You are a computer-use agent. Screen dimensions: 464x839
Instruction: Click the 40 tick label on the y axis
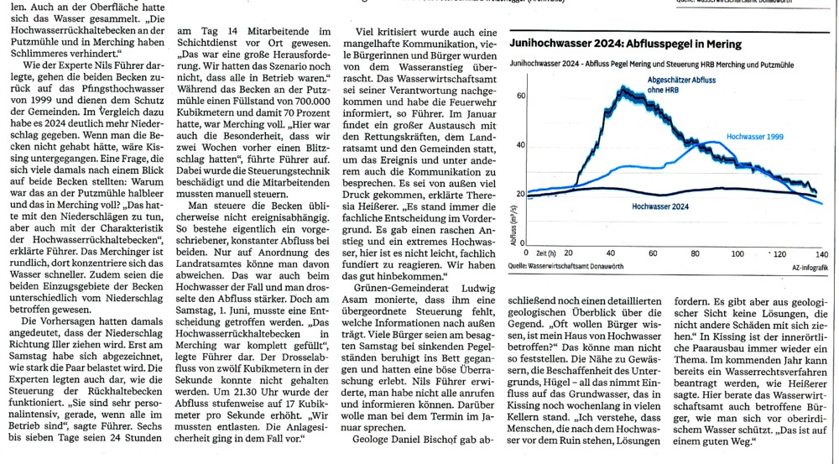520,145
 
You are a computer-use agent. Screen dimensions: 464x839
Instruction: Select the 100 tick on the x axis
737,253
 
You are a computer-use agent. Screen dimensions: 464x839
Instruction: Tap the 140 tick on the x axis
821,253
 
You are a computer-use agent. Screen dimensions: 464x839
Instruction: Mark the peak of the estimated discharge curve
622,87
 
